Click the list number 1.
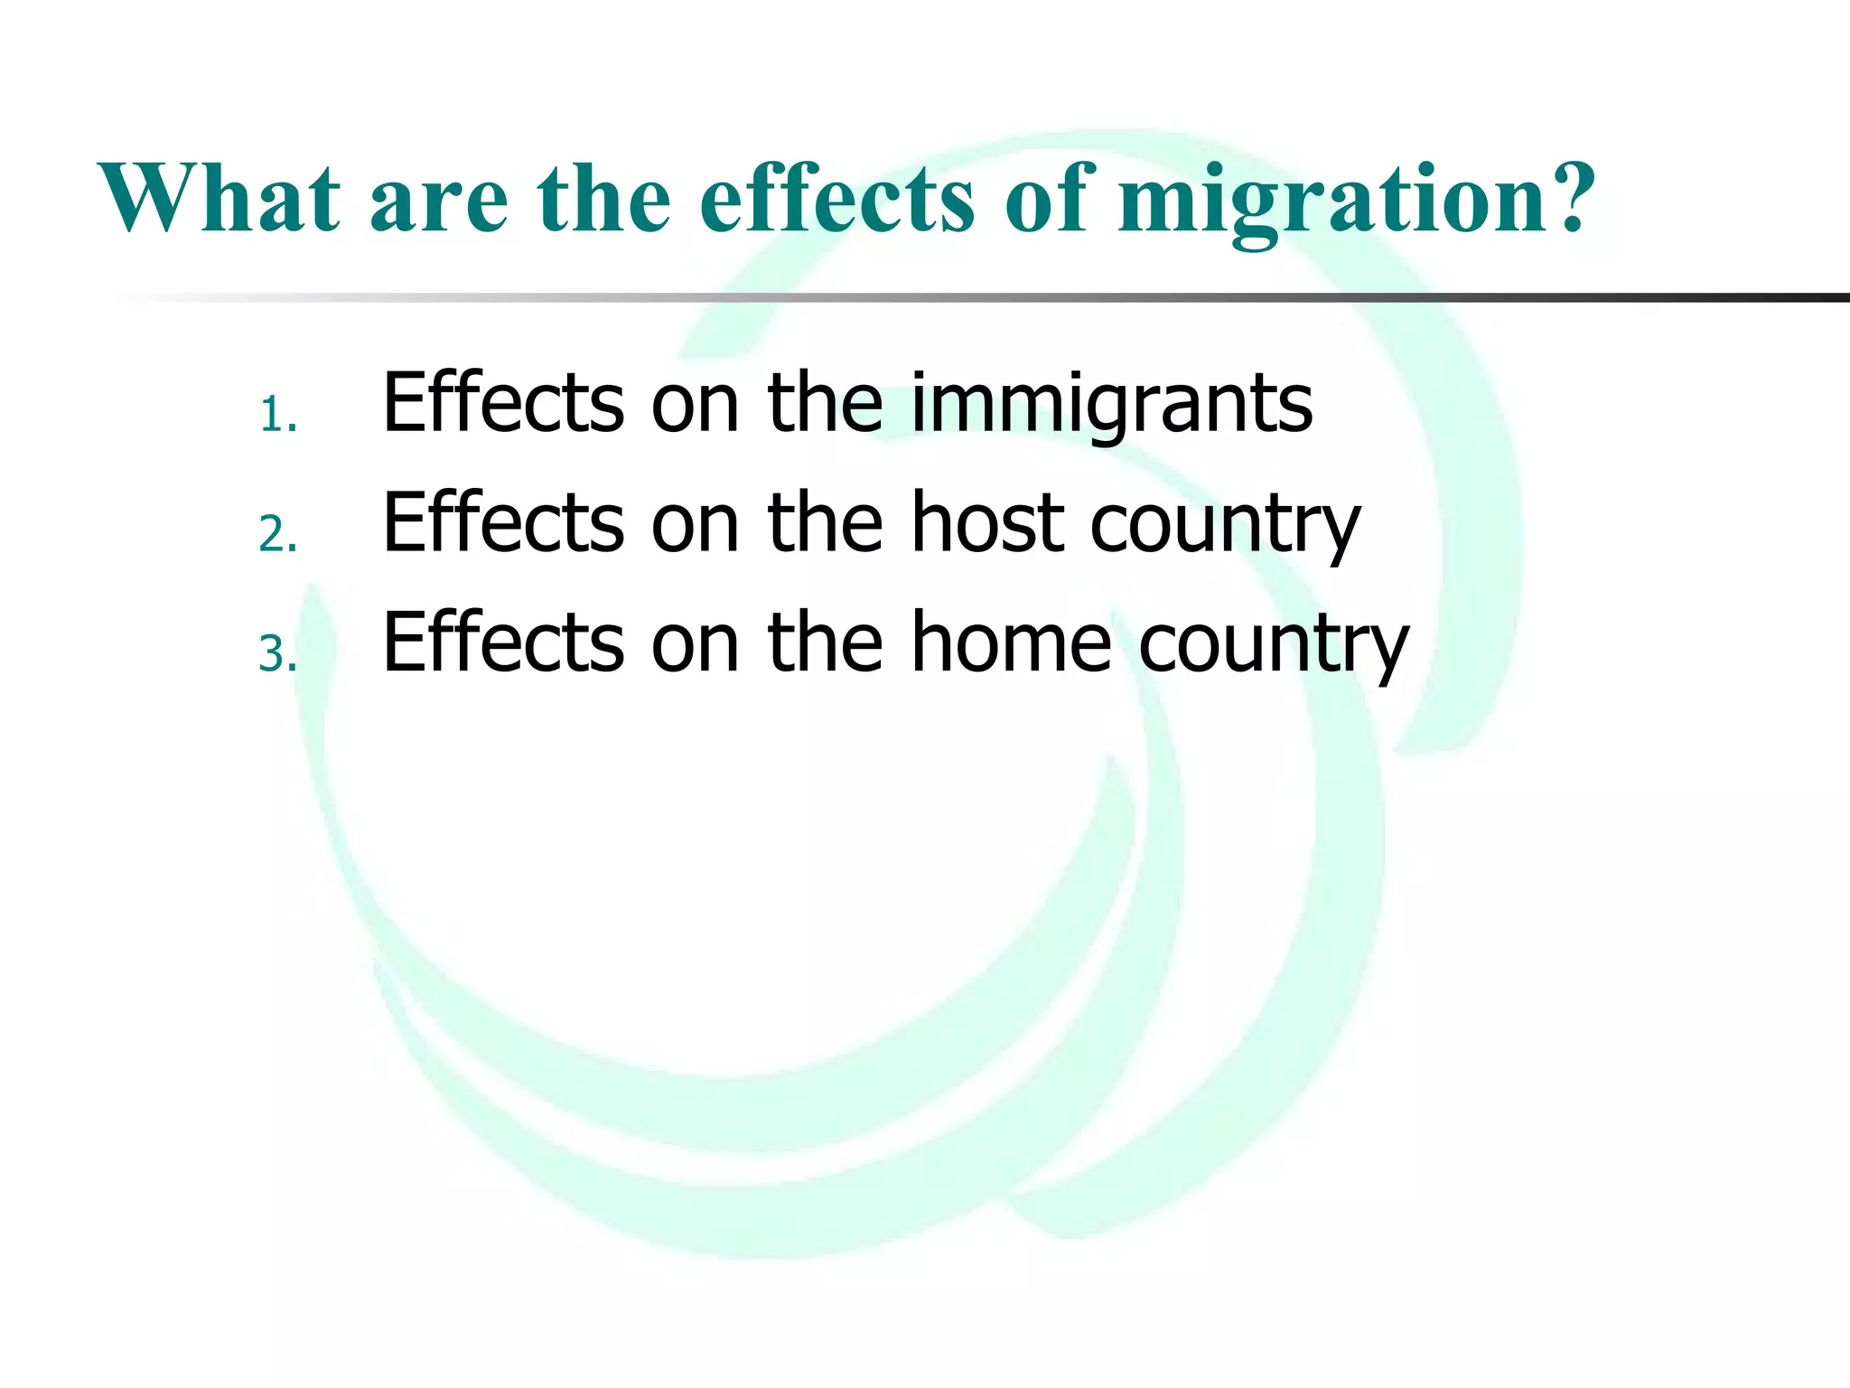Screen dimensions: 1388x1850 [x=276, y=417]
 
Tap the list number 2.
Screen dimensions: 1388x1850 [x=276, y=535]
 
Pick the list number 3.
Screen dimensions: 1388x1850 [x=276, y=654]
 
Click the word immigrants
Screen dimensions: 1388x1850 [x=1111, y=405]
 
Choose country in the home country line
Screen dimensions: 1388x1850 [x=1273, y=645]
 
